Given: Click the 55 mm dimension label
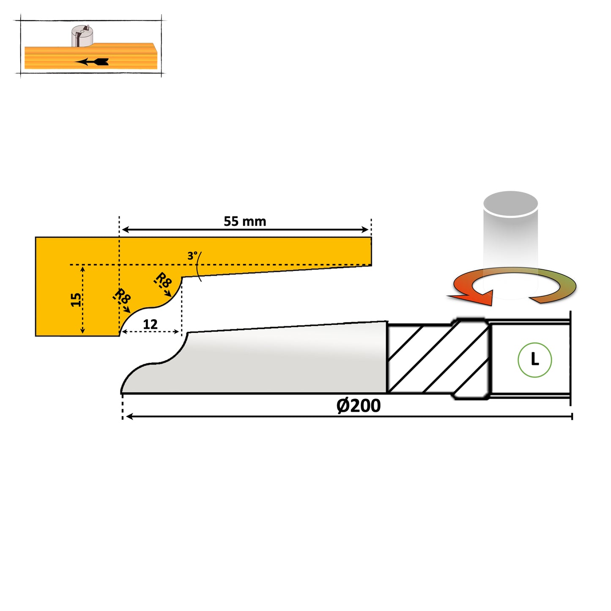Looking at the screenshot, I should click(245, 221).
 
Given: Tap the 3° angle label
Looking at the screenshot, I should click(192, 256).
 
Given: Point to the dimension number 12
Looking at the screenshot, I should click(150, 324).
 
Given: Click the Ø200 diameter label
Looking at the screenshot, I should click(359, 406).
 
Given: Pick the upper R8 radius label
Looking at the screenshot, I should click(163, 281).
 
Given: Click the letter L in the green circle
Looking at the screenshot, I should click(535, 360).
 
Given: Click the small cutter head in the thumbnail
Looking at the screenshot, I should click(82, 36).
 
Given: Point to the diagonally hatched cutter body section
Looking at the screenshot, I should click(436, 359).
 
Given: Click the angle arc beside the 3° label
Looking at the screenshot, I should click(199, 266).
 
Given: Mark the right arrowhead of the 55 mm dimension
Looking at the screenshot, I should click(365, 230).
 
